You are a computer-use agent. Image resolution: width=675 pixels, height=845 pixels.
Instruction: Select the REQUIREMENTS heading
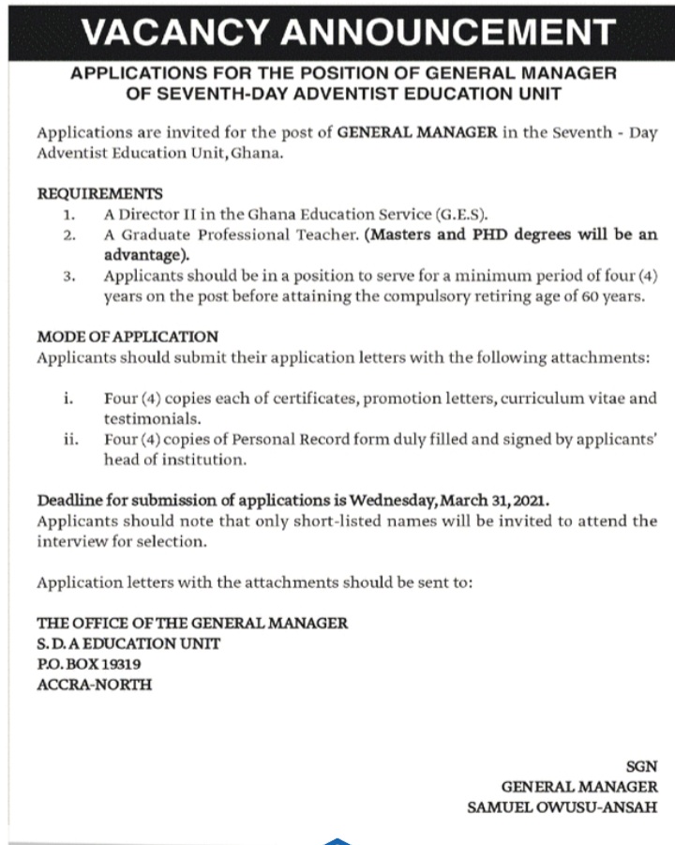tap(99, 194)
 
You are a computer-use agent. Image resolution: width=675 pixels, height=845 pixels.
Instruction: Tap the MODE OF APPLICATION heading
tap(127, 337)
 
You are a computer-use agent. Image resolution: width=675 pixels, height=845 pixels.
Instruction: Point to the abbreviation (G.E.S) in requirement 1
tap(457, 214)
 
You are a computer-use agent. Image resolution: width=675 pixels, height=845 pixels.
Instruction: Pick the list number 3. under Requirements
tap(69, 277)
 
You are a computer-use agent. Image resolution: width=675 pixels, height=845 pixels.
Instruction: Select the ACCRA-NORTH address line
tap(94, 685)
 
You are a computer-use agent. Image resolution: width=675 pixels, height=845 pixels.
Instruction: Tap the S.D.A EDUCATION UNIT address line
tap(128, 643)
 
